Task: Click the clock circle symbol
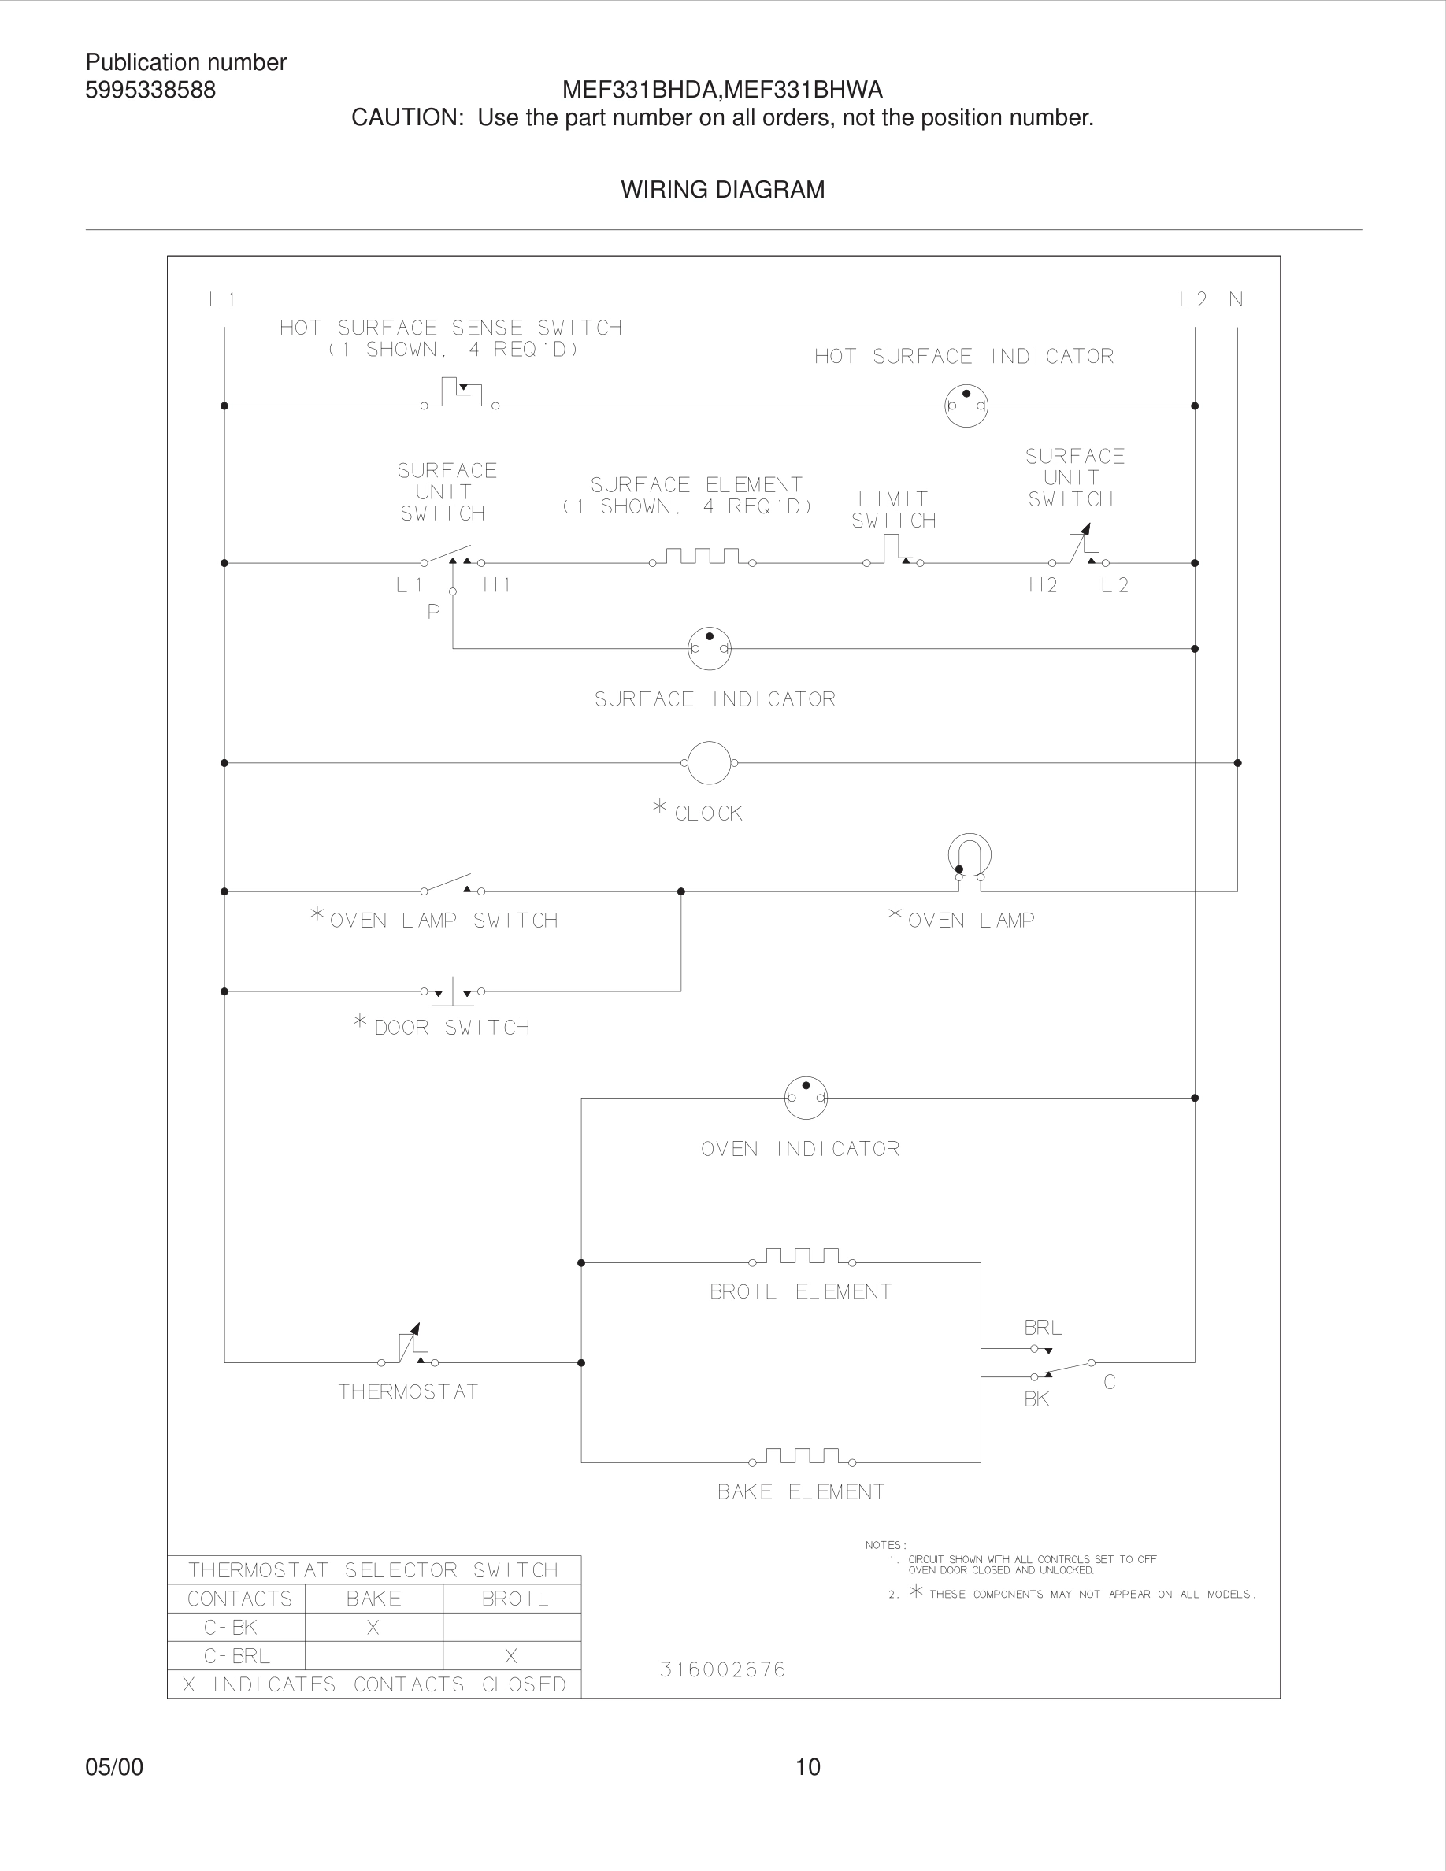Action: point(710,762)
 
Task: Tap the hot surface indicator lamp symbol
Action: point(966,406)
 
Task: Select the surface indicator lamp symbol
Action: point(710,649)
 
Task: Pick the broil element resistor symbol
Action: point(802,1258)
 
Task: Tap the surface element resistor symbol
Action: point(703,558)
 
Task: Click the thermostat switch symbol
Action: point(409,1347)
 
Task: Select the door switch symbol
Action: point(453,993)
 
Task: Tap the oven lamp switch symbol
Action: point(452,885)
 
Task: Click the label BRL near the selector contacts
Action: point(1043,1328)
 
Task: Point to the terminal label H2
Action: point(1043,585)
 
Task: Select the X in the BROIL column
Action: point(510,1656)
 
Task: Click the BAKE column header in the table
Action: point(373,1599)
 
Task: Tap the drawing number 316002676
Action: point(722,1669)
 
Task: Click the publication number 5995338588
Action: point(150,90)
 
